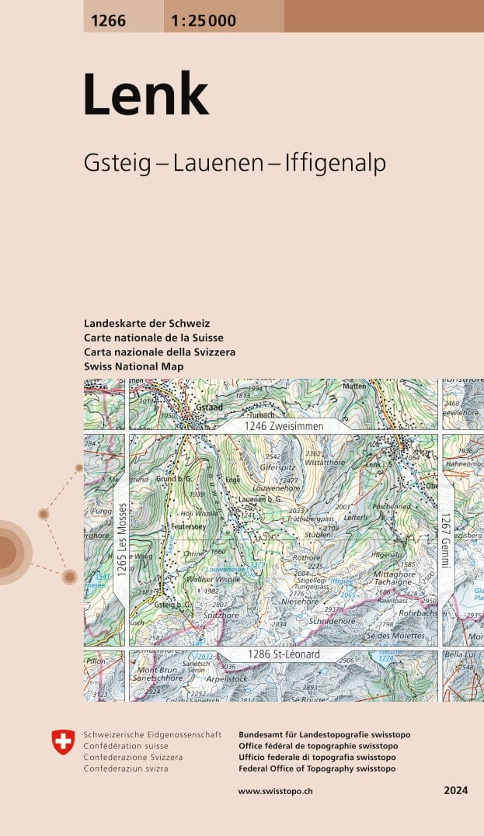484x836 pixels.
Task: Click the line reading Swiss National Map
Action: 134,366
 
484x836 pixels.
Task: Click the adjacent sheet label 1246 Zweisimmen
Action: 283,426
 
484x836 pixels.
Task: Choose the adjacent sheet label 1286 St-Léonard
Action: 284,655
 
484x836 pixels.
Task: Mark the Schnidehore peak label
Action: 332,620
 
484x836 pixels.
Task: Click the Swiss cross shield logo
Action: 63,742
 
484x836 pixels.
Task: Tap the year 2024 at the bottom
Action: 456,791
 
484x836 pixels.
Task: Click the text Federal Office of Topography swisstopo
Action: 317,768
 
